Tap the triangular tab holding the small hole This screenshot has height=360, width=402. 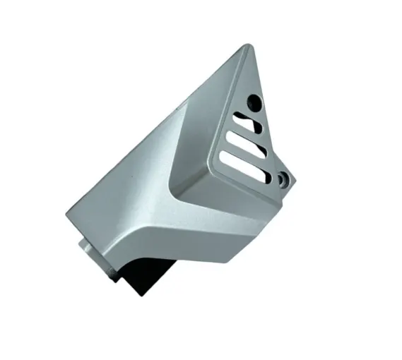[x=286, y=176]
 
